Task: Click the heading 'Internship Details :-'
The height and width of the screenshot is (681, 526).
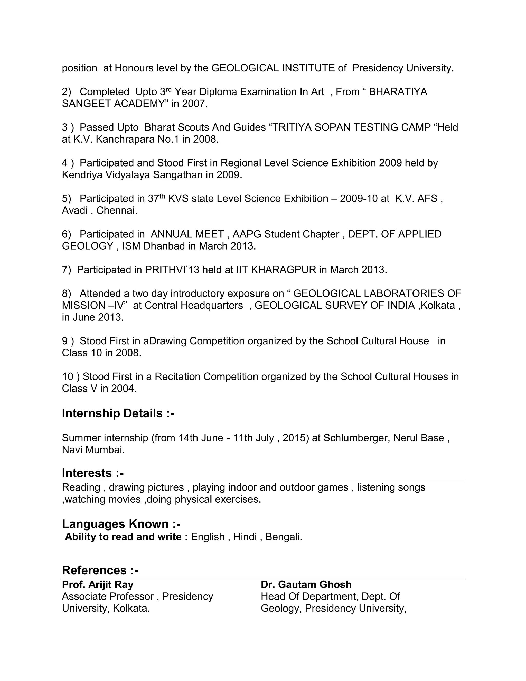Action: click(x=118, y=413)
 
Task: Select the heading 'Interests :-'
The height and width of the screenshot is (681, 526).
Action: click(x=92, y=473)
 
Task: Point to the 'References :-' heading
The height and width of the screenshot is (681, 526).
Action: click(x=100, y=570)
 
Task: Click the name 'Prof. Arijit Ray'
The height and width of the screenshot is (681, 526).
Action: click(x=98, y=584)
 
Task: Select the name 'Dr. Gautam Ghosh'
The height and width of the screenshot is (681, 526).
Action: click(x=306, y=584)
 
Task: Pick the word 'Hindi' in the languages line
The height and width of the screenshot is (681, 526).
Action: click(x=245, y=537)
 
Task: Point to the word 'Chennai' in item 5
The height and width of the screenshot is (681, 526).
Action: click(x=116, y=210)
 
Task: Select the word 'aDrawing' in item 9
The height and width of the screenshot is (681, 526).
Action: click(x=165, y=341)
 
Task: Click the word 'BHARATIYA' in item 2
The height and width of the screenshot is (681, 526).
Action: click(x=398, y=92)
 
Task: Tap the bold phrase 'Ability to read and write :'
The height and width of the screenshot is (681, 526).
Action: click(x=126, y=537)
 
